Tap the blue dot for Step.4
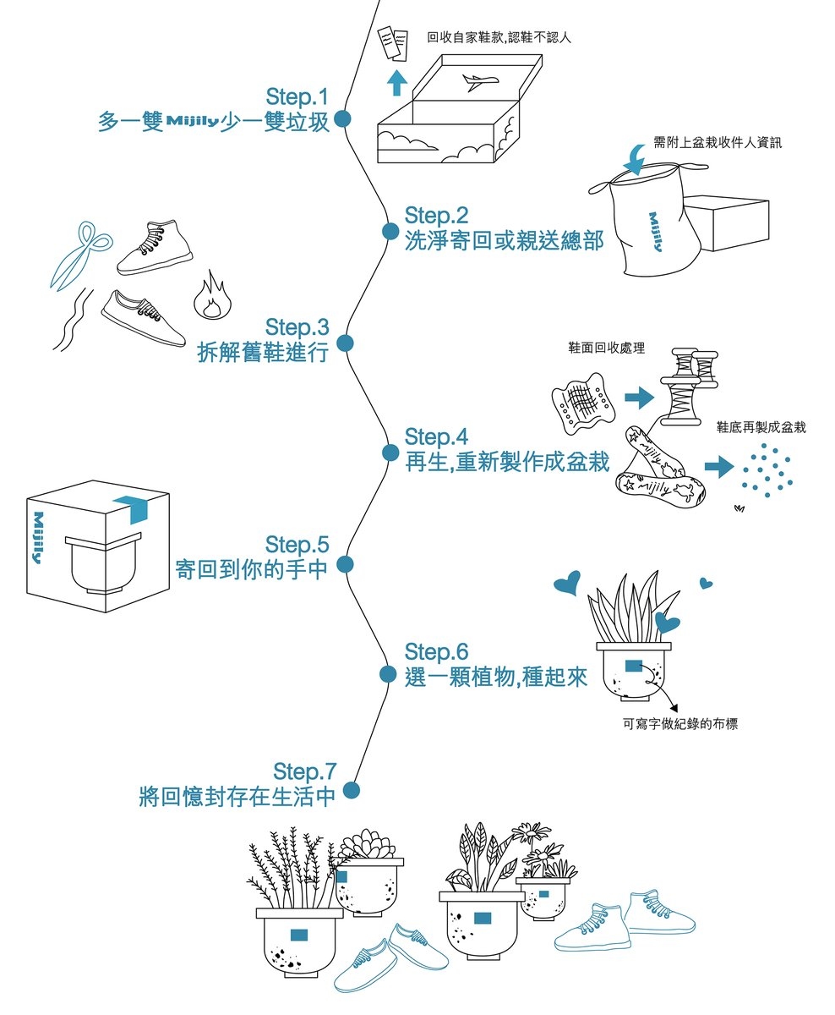[390, 453]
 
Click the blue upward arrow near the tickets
[396, 82]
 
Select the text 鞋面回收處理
[608, 348]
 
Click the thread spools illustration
[687, 384]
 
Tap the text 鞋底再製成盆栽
[761, 427]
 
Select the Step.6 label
[436, 652]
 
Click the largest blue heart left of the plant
[567, 583]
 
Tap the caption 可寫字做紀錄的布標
[680, 724]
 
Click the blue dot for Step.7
[352, 790]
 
